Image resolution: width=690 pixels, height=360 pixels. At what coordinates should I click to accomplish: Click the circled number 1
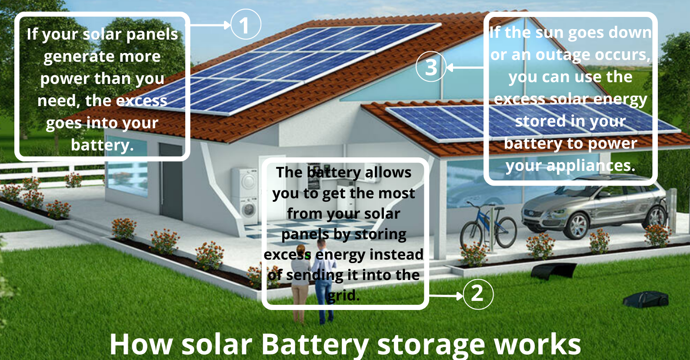click(246, 24)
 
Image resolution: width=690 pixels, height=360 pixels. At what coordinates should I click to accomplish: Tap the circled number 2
click(478, 294)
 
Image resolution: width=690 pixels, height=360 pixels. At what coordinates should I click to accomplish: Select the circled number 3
click(431, 67)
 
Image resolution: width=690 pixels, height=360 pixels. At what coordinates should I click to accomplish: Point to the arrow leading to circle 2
click(446, 296)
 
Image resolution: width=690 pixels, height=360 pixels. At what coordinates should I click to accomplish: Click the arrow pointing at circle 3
click(465, 67)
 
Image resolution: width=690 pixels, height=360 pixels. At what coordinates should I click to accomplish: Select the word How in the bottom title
click(141, 344)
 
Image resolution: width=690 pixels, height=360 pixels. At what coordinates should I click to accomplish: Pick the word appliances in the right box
click(591, 166)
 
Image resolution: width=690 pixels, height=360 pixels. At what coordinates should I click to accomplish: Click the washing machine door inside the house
click(248, 210)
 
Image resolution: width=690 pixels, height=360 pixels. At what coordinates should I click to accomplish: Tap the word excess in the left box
click(141, 101)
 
